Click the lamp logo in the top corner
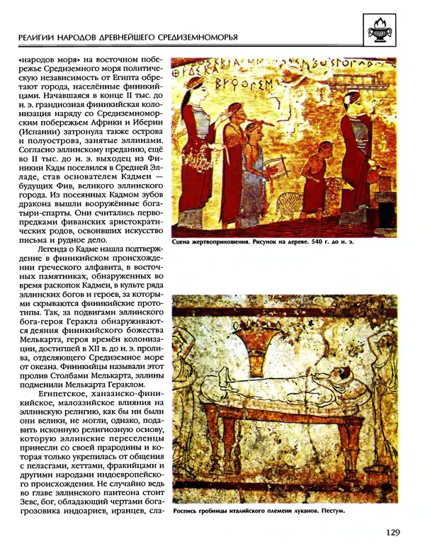(388, 30)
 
